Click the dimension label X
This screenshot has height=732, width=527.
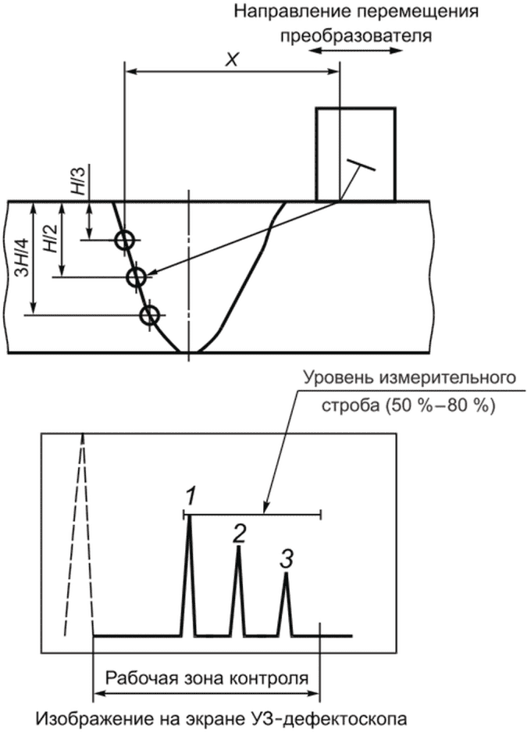click(231, 60)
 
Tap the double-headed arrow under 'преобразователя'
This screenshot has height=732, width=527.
click(355, 51)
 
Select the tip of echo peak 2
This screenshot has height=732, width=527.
click(238, 546)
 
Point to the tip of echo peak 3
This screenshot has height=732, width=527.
click(287, 573)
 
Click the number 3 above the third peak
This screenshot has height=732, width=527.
click(287, 559)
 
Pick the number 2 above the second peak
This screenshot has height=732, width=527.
click(239, 533)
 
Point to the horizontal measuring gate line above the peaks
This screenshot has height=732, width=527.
click(252, 515)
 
